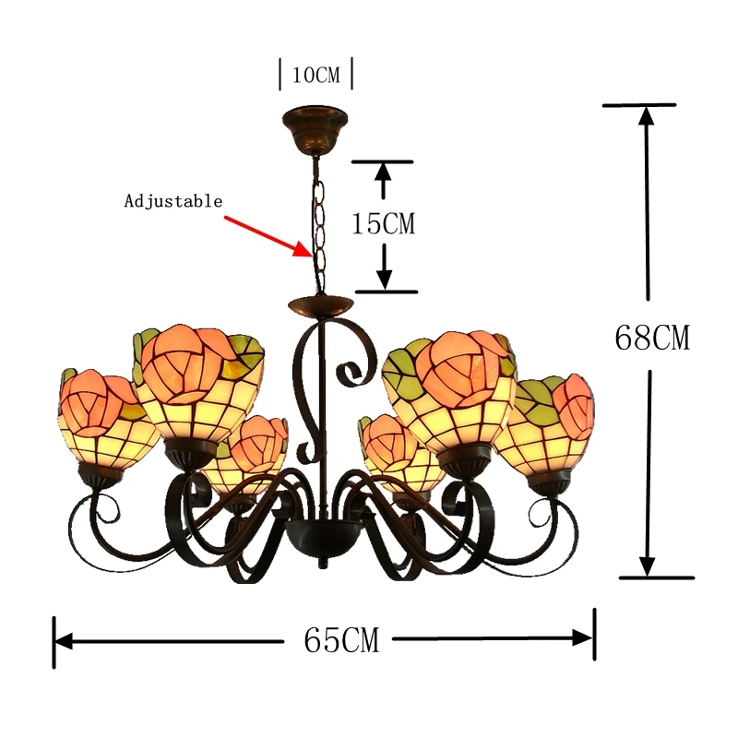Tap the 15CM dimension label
(384, 223)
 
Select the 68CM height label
(651, 338)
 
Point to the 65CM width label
(341, 639)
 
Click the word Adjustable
(173, 201)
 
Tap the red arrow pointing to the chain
(268, 235)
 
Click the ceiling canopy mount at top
(315, 123)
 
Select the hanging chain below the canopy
(318, 221)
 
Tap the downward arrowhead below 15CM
(386, 280)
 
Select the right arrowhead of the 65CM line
(583, 637)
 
